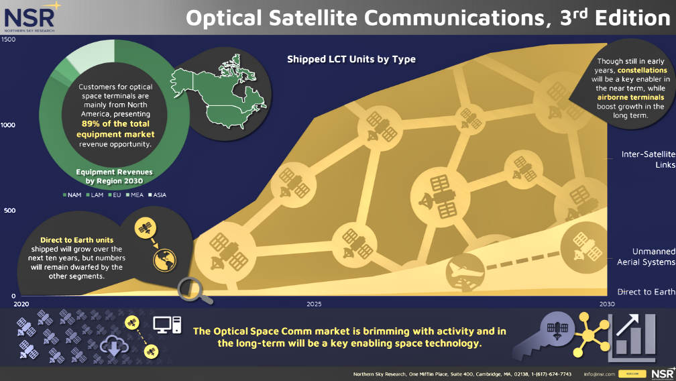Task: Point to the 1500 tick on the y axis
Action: click(8, 39)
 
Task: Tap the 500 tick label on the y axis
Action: click(10, 211)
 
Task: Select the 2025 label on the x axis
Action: click(314, 304)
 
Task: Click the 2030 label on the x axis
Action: click(606, 304)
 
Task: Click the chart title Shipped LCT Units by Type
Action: click(351, 59)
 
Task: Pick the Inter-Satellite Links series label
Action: click(649, 160)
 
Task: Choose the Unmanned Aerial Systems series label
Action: click(646, 257)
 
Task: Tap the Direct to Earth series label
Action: click(646, 292)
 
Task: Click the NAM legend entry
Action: click(72, 195)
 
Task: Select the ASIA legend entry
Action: click(158, 195)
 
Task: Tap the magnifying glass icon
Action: click(192, 290)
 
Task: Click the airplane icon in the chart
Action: click(463, 271)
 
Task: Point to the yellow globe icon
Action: click(165, 260)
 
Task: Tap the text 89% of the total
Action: click(115, 123)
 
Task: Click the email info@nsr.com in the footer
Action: click(600, 374)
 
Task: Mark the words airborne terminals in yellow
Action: click(630, 97)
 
